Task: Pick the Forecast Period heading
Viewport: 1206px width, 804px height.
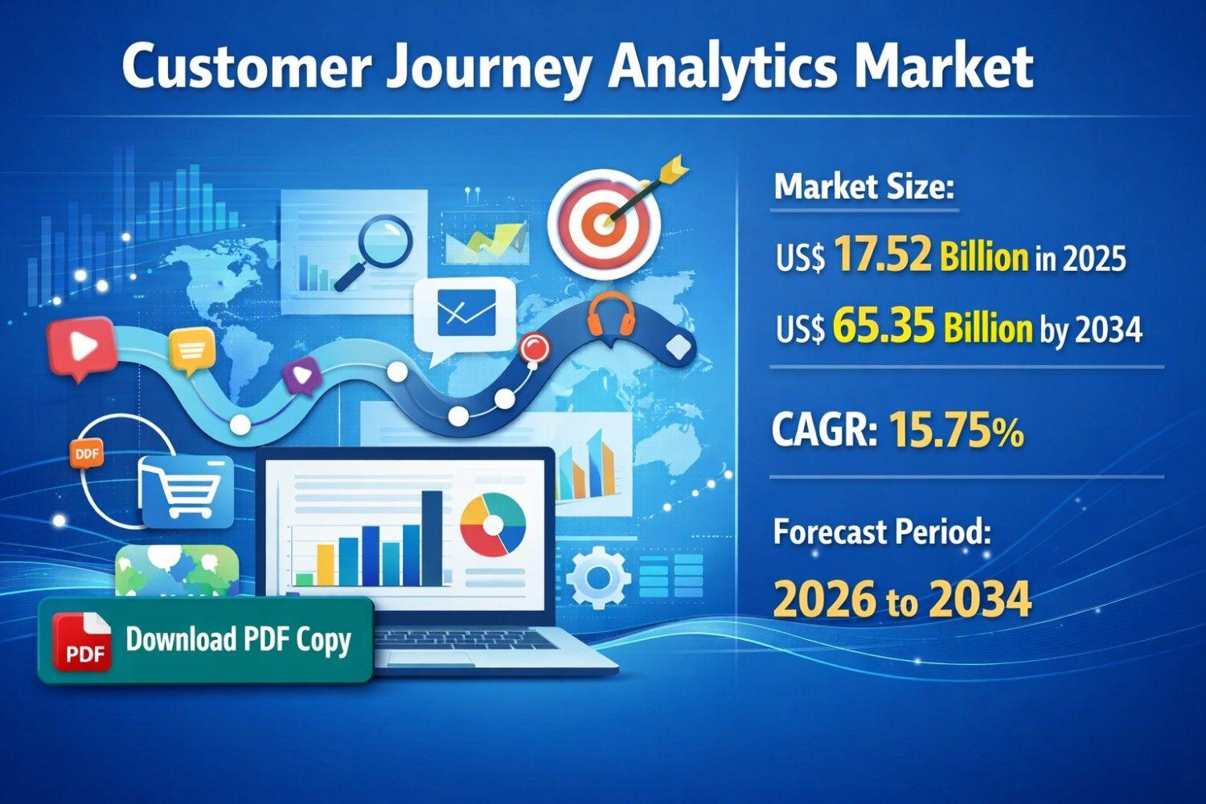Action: pyautogui.click(x=882, y=533)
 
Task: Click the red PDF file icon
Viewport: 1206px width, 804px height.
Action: pyautogui.click(x=82, y=641)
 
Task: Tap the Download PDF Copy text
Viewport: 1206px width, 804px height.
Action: pyautogui.click(x=238, y=641)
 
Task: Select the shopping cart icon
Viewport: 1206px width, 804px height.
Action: pyautogui.click(x=187, y=491)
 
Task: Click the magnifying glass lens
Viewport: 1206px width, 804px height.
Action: pyautogui.click(x=384, y=241)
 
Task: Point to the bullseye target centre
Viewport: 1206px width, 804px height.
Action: pyautogui.click(x=605, y=221)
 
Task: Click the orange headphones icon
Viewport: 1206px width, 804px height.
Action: pyautogui.click(x=610, y=316)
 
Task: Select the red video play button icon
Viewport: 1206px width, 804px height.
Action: pyautogui.click(x=82, y=347)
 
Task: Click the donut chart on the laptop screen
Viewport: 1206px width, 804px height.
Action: pyautogui.click(x=493, y=524)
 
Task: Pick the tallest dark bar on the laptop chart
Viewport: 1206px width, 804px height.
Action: pyautogui.click(x=432, y=538)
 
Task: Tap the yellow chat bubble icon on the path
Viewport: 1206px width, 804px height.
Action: pyautogui.click(x=191, y=351)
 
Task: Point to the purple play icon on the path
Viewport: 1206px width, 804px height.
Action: pyautogui.click(x=301, y=375)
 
